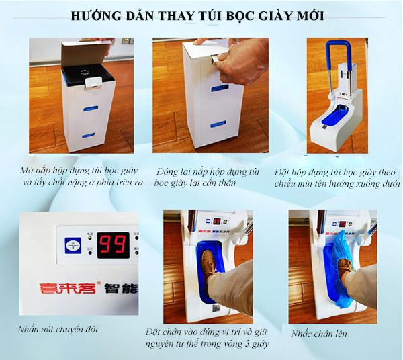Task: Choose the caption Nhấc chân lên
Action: click(x=320, y=333)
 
